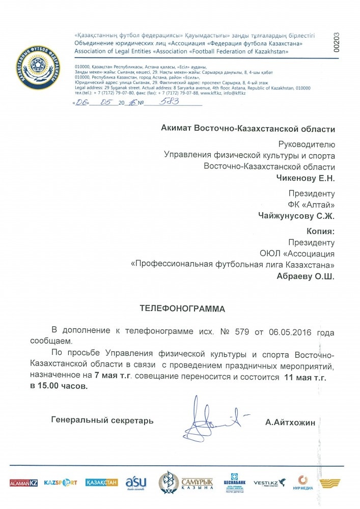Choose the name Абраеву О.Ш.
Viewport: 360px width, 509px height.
coord(306,276)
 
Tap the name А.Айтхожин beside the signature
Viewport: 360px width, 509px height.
coord(290,421)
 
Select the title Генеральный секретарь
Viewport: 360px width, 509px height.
coord(102,420)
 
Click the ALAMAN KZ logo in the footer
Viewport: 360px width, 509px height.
coord(23,482)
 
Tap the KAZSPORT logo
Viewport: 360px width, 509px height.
coord(60,482)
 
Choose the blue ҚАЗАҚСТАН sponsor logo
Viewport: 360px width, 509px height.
coord(101,482)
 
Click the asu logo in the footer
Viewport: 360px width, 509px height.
coord(136,483)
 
